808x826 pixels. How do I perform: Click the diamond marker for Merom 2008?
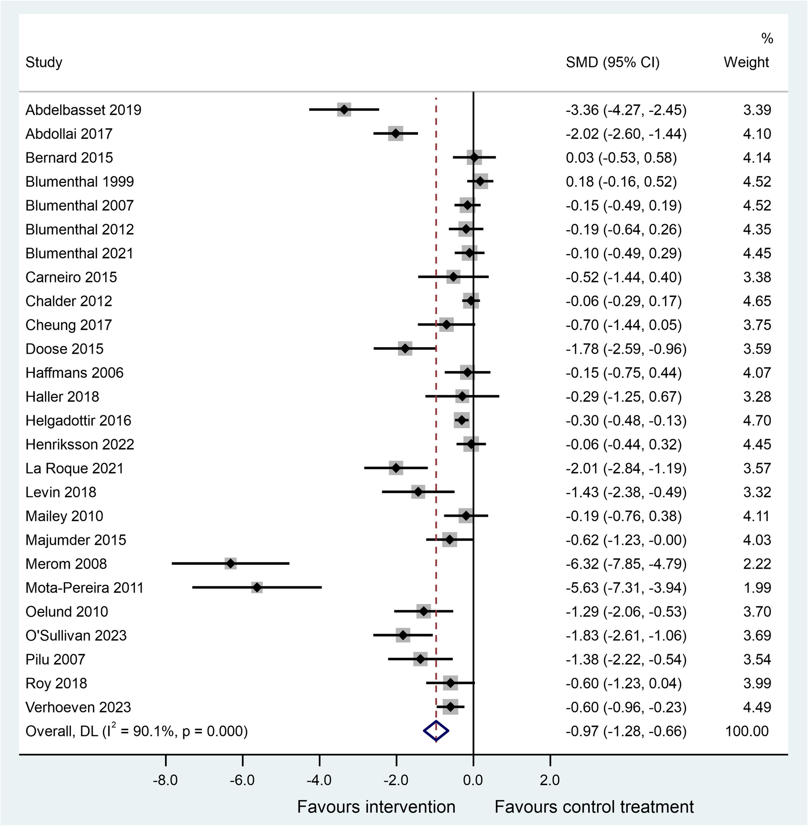click(x=230, y=564)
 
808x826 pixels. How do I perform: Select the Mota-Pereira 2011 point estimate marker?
click(x=257, y=588)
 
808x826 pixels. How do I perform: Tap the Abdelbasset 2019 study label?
click(x=83, y=110)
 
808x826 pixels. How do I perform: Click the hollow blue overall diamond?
click(x=436, y=731)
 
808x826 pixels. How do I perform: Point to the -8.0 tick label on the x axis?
click(x=166, y=780)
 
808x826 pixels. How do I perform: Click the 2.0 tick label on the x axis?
click(x=550, y=780)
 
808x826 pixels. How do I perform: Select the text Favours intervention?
click(x=376, y=807)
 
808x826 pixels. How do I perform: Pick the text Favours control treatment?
click(x=594, y=807)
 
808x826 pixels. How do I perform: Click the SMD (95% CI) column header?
click(x=612, y=62)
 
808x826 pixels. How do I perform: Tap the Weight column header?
click(x=746, y=62)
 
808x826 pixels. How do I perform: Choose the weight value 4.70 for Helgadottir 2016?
click(x=757, y=421)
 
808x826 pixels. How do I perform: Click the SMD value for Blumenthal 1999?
click(x=621, y=181)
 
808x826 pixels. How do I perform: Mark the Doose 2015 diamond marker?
click(x=405, y=349)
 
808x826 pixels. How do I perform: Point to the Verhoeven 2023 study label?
click(x=78, y=707)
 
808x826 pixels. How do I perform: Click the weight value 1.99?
click(x=757, y=588)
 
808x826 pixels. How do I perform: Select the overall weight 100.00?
click(x=747, y=731)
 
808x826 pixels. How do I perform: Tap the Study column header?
click(x=44, y=62)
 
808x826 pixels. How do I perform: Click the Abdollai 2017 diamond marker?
click(x=396, y=134)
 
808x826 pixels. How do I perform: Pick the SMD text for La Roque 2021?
click(x=625, y=468)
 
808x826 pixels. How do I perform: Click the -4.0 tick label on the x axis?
click(x=319, y=780)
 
